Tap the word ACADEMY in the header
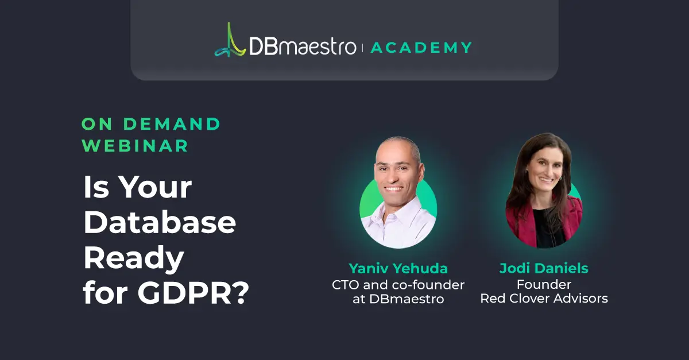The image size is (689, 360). (421, 48)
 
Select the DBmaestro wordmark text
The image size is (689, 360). (303, 47)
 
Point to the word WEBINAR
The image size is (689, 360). (135, 146)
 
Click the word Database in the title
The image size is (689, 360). (160, 223)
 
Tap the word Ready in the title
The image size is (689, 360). (134, 259)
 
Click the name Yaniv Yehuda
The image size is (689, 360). (398, 269)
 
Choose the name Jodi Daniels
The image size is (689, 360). (544, 269)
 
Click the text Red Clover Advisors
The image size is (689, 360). (544, 299)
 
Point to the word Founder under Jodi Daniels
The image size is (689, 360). (544, 284)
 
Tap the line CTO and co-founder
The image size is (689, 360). (398, 284)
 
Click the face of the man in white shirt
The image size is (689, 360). (397, 172)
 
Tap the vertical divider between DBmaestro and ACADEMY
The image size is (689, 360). (363, 48)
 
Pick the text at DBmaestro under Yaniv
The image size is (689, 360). (398, 299)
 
